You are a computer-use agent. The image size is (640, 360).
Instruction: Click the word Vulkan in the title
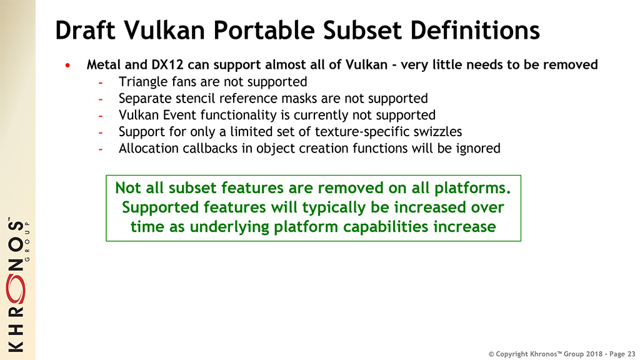click(164, 30)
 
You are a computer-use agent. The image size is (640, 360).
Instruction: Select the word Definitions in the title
click(475, 30)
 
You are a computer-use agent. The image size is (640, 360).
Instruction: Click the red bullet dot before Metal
click(67, 65)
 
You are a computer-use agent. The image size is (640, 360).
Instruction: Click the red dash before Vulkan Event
click(101, 116)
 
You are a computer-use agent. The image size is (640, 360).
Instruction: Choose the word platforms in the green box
click(470, 188)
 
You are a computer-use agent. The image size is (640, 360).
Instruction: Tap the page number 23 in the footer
click(631, 354)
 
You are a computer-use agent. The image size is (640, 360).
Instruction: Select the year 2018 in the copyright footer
click(593, 354)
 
